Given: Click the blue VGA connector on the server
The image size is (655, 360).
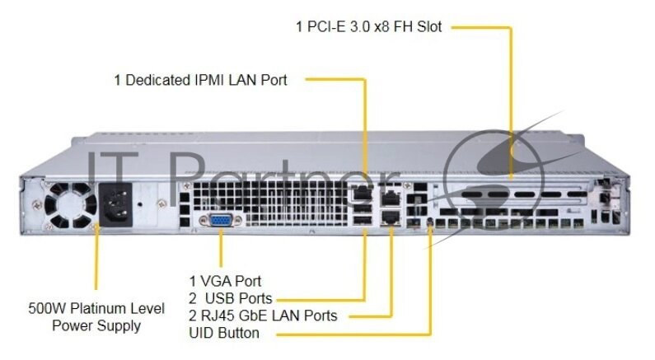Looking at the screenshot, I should pyautogui.click(x=220, y=222).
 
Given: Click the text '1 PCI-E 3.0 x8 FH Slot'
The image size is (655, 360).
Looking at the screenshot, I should pyautogui.click(x=368, y=27).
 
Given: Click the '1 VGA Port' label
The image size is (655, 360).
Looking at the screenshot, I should pyautogui.click(x=225, y=281).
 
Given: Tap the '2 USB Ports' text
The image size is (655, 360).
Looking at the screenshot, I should pyautogui.click(x=231, y=298).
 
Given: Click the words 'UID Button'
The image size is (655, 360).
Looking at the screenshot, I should pyautogui.click(x=224, y=333).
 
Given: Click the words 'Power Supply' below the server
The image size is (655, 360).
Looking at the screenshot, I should pyautogui.click(x=96, y=325).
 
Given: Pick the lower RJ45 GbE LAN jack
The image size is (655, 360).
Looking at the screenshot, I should pyautogui.click(x=391, y=217).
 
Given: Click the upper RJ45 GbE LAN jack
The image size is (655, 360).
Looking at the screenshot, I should pyautogui.click(x=391, y=198).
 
